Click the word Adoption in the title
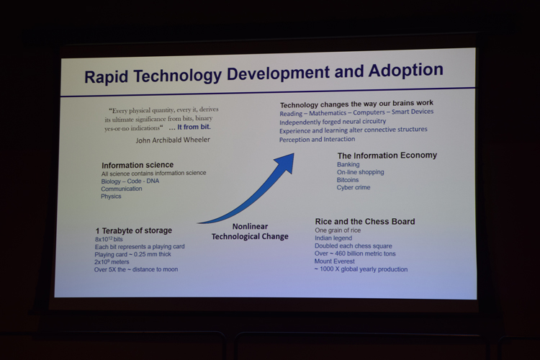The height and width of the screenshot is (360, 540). (405, 71)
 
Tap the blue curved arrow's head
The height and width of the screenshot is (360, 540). (286, 163)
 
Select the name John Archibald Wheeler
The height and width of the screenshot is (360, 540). (173, 140)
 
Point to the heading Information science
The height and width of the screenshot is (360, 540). (138, 165)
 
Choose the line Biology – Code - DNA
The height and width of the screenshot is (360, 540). (130, 181)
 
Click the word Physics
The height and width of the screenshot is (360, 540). (111, 197)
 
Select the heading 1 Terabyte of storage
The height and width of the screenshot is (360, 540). (134, 230)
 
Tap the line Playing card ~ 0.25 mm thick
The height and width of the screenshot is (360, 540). (133, 255)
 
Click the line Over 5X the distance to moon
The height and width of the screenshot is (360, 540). (136, 269)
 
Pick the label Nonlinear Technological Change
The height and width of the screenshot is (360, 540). (250, 232)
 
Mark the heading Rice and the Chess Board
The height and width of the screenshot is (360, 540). (365, 222)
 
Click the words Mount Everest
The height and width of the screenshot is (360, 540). (334, 261)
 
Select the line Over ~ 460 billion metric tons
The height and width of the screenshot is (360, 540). (355, 253)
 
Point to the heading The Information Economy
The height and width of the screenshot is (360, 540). (387, 156)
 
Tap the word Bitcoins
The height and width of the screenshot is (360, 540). (348, 180)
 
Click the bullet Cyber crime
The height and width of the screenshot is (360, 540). (354, 187)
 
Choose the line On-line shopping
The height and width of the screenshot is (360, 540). (360, 172)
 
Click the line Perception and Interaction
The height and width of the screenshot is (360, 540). (318, 140)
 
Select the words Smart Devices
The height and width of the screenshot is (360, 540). (413, 112)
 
